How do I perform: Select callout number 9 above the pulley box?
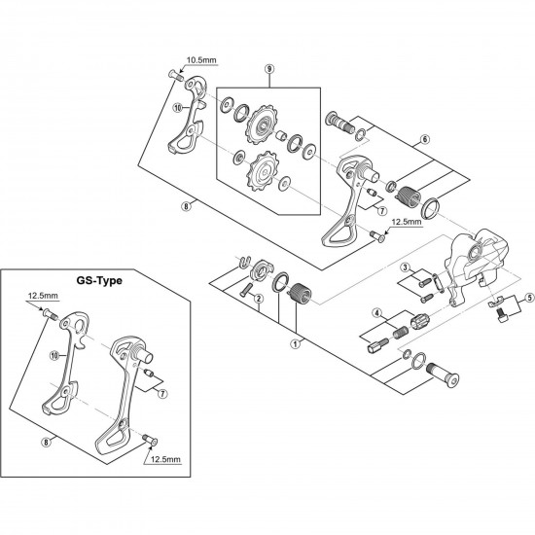[x=268, y=70]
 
